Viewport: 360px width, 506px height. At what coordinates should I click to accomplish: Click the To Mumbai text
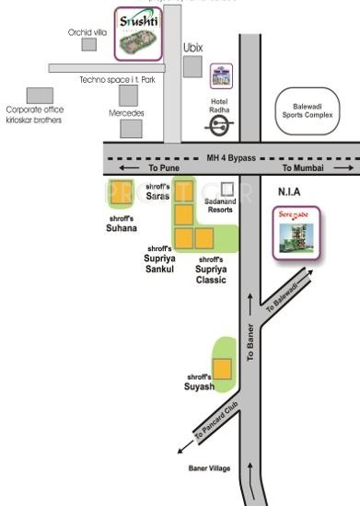click(304, 169)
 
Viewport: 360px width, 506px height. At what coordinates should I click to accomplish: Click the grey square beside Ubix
click(192, 66)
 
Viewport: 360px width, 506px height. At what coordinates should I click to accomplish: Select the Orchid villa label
click(87, 31)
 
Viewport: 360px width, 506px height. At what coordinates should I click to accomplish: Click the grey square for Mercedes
click(132, 128)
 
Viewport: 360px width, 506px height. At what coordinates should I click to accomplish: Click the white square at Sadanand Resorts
click(226, 190)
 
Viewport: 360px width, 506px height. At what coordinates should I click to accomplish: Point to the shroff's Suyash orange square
click(221, 370)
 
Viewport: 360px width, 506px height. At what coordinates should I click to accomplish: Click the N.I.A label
click(291, 192)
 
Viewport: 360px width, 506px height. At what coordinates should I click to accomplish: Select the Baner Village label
click(210, 468)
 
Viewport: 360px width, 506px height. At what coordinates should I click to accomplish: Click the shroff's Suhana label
click(122, 224)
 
